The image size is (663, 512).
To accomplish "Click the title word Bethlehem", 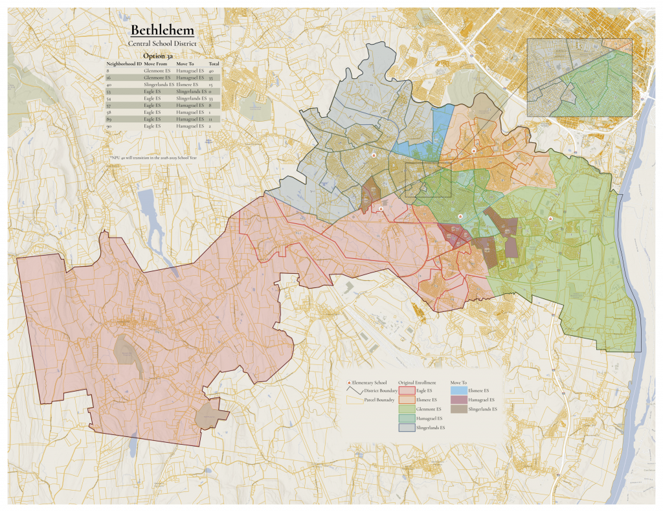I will [x=162, y=30].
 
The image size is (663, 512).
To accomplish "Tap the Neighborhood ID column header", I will [x=124, y=63].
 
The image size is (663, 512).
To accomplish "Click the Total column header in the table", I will [x=214, y=63].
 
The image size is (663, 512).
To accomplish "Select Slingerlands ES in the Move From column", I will [x=159, y=85].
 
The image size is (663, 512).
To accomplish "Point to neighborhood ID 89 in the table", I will [x=109, y=120].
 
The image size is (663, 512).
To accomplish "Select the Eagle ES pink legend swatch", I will [x=407, y=391].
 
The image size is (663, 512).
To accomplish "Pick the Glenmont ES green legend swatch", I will [x=407, y=409].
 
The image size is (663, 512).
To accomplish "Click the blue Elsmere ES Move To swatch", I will [x=458, y=391].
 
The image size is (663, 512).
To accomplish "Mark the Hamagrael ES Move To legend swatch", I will [x=458, y=400].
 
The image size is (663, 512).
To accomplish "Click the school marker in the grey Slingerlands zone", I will [x=374, y=155].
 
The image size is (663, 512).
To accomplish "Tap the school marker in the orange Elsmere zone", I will [x=474, y=150].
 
